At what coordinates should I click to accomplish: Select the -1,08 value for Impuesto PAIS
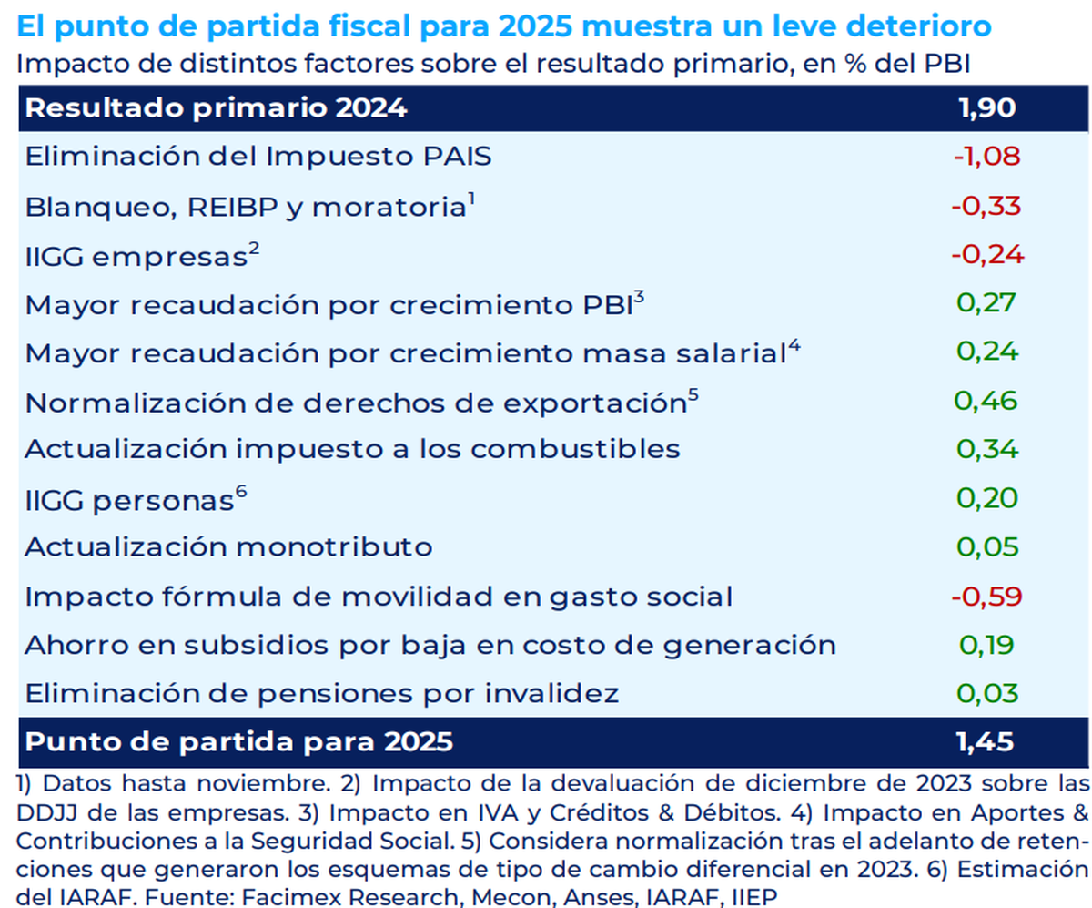[x=987, y=157]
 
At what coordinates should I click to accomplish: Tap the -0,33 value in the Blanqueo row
[x=987, y=206]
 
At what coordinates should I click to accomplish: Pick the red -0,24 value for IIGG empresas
[x=987, y=255]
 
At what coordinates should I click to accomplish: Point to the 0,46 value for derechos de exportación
[x=986, y=400]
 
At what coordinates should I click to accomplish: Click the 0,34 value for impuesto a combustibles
[x=986, y=449]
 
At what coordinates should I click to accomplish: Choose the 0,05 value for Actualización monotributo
[x=986, y=547]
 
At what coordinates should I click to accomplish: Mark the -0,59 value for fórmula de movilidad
[x=987, y=597]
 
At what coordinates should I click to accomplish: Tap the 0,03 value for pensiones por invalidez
[x=986, y=694]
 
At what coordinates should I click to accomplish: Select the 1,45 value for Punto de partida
[x=986, y=742]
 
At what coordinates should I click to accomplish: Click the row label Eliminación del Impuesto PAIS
[x=258, y=157]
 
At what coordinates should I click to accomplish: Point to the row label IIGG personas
[x=128, y=500]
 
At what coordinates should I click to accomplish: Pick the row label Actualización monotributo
[x=227, y=547]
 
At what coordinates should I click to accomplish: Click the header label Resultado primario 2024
[x=216, y=108]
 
